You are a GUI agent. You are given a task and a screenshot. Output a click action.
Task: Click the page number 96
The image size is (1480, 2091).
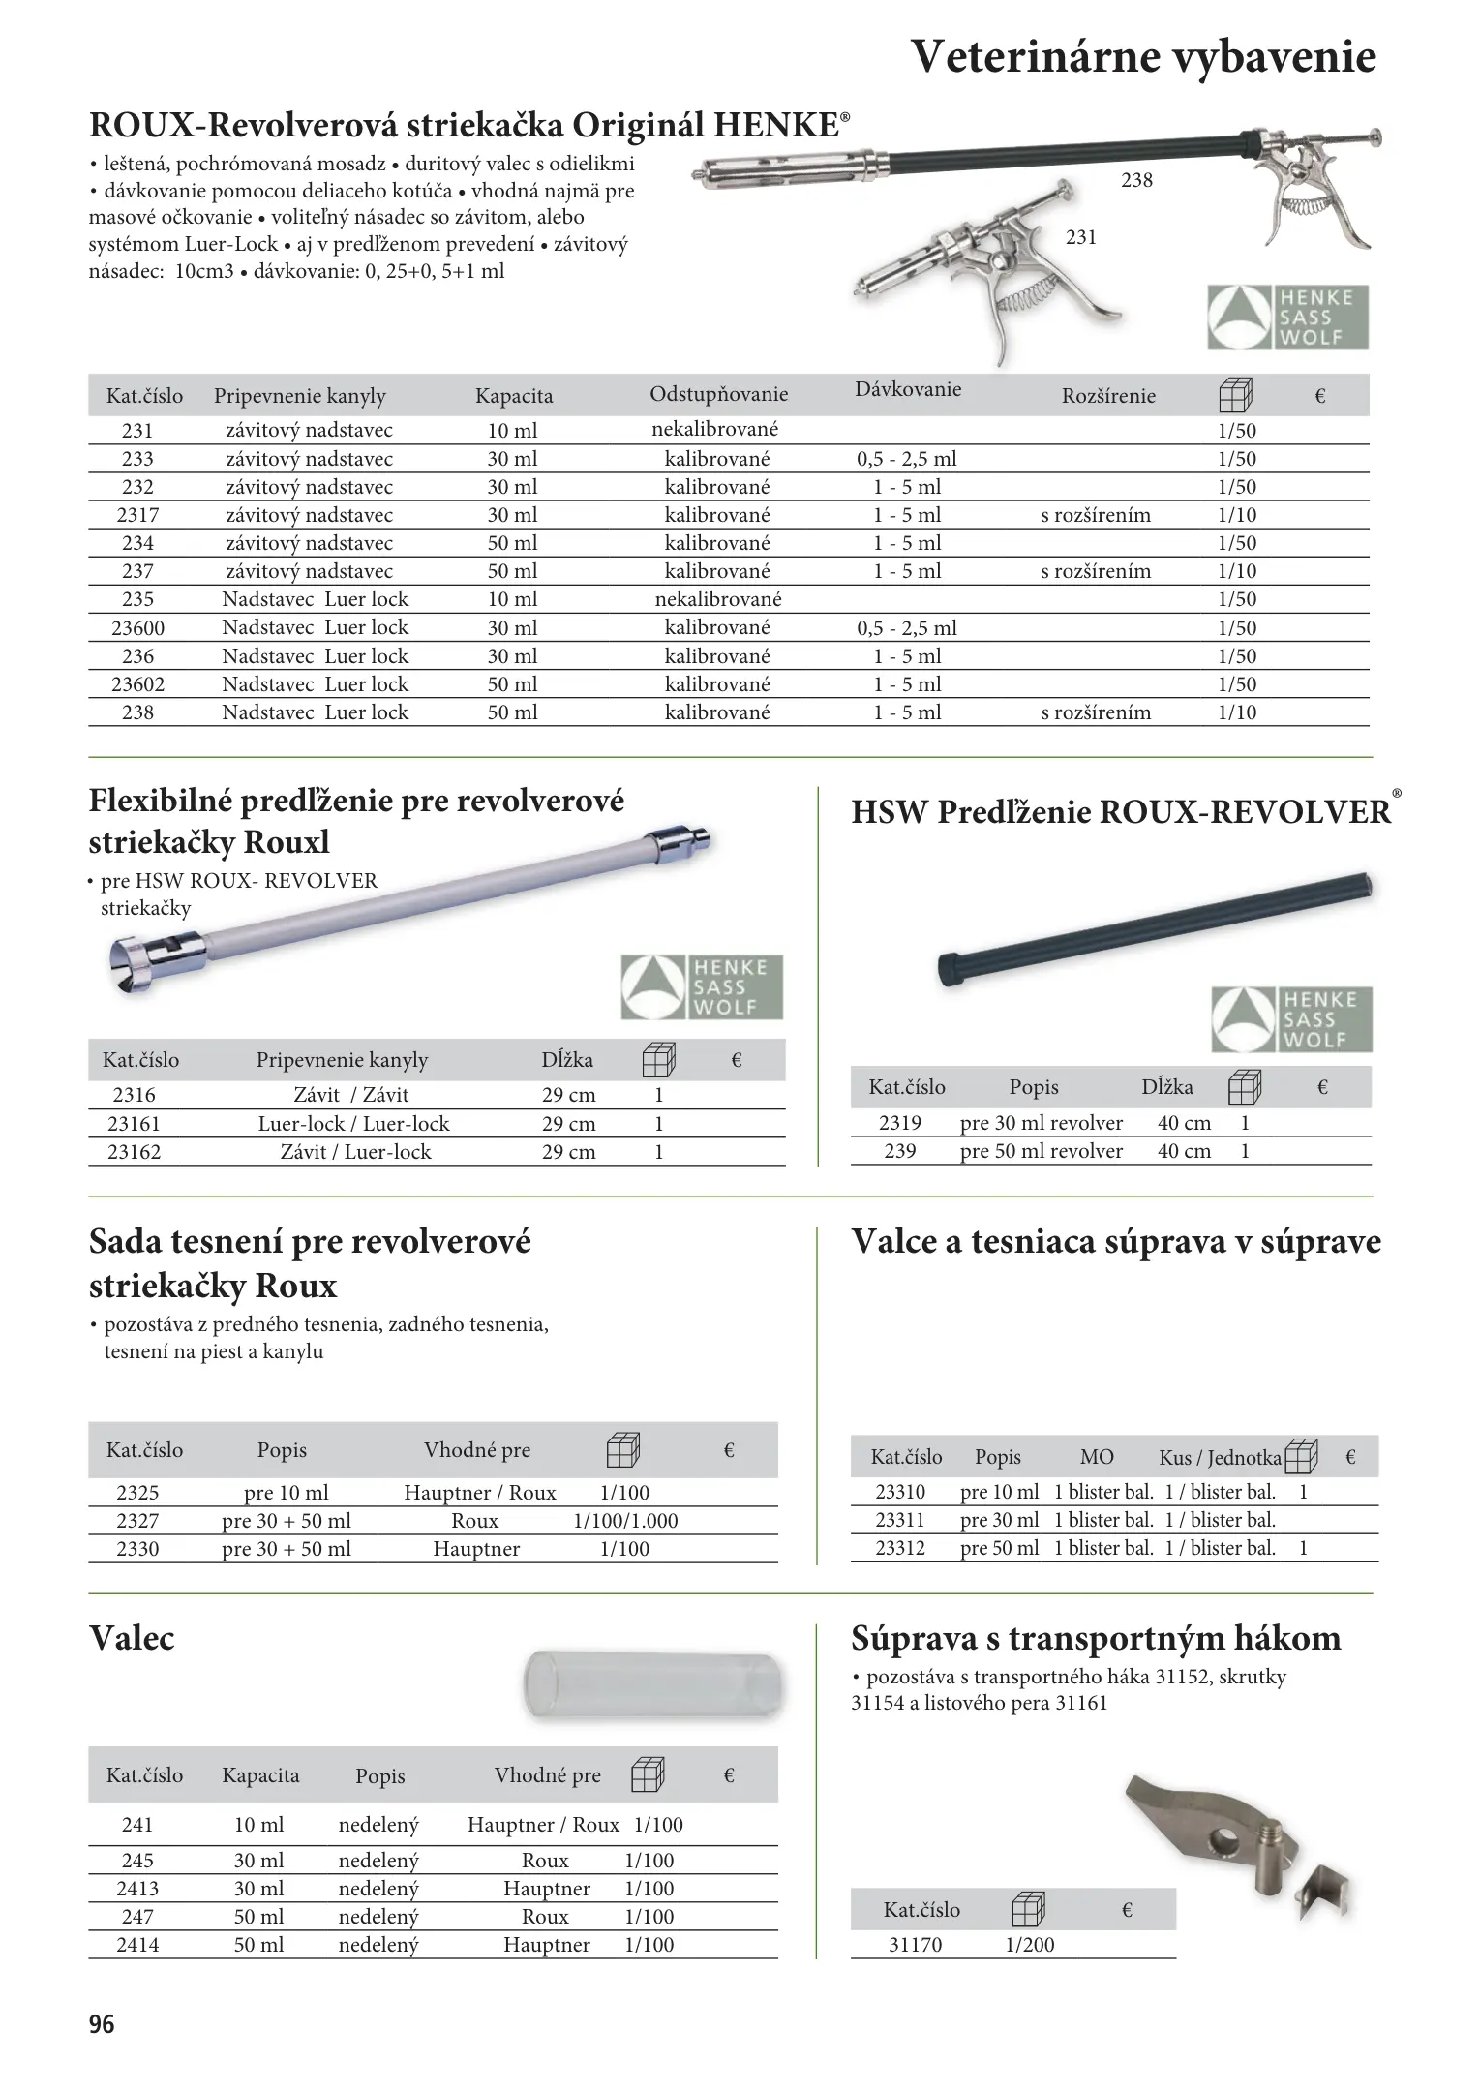pyautogui.click(x=102, y=2024)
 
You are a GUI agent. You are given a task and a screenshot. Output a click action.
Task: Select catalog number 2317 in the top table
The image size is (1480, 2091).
pyautogui.click(x=137, y=515)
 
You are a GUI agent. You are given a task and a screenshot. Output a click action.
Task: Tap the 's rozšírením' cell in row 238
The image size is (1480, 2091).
pyautogui.click(x=1096, y=712)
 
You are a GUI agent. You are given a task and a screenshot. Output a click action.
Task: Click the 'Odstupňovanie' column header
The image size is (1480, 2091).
pyautogui.click(x=718, y=395)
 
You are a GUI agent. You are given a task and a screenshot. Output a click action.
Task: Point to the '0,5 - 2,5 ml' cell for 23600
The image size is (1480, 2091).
pyautogui.click(x=906, y=627)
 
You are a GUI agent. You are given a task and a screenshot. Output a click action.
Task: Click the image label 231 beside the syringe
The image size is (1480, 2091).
pyautogui.click(x=1080, y=237)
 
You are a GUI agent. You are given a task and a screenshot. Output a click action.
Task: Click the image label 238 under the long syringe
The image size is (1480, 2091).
pyautogui.click(x=1136, y=180)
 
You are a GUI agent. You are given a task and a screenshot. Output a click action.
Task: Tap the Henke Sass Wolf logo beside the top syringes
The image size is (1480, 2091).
pyautogui.click(x=1287, y=317)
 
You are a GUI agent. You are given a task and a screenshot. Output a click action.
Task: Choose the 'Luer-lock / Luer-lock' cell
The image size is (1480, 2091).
pyautogui.click(x=353, y=1124)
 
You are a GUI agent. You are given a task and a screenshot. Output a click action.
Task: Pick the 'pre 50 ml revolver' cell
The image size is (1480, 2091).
pyautogui.click(x=1041, y=1151)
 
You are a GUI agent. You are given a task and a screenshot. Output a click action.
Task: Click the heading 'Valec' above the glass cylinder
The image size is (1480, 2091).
pyautogui.click(x=132, y=1639)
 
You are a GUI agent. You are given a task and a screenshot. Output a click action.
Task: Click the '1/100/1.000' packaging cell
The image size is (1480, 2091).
pyautogui.click(x=625, y=1521)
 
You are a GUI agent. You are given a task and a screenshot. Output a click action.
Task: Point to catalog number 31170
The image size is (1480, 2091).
pyautogui.click(x=915, y=1945)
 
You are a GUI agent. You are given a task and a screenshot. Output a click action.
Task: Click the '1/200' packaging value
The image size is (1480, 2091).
pyautogui.click(x=1030, y=1945)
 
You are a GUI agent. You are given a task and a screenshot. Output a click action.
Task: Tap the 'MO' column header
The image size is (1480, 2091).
pyautogui.click(x=1096, y=1457)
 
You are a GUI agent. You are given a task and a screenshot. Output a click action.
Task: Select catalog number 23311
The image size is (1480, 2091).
pyautogui.click(x=900, y=1520)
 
